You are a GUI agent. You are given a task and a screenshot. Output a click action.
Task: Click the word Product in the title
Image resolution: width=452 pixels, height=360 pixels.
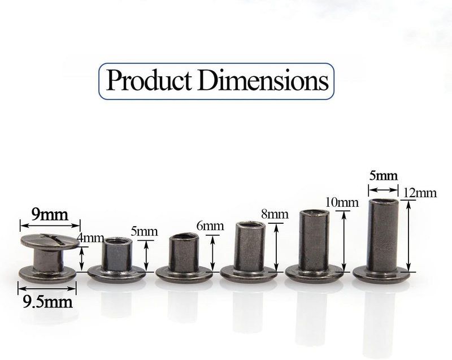pos(149,80)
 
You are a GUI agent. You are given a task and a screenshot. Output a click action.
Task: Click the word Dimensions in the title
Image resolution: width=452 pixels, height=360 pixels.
pos(263,80)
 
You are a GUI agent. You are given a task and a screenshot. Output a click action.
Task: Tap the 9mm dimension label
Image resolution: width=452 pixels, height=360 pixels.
pos(50,214)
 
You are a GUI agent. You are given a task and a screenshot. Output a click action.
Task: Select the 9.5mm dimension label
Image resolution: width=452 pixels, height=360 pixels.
pos(47,302)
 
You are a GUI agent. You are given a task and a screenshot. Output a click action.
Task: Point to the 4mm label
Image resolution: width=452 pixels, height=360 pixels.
pos(90,238)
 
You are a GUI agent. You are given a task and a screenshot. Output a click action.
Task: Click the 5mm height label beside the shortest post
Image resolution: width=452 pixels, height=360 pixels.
pos(144,232)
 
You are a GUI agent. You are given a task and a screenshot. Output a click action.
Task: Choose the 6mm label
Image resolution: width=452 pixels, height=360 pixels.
pos(210,225)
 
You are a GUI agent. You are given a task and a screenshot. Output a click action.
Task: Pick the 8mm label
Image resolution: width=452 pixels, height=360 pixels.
pos(275,214)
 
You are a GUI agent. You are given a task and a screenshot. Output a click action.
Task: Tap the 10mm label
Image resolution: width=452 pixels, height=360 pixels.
pos(342,203)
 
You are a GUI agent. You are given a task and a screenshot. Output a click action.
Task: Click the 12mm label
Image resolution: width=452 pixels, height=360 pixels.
pos(420,193)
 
